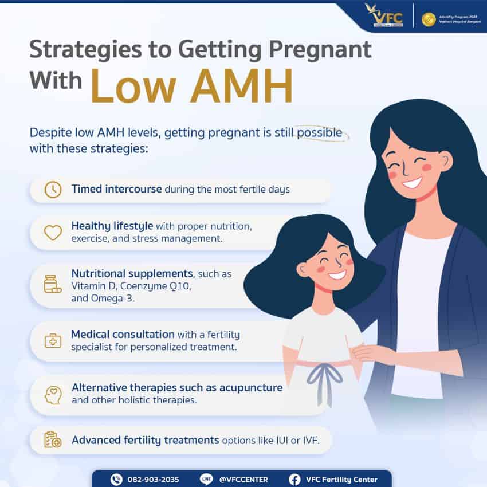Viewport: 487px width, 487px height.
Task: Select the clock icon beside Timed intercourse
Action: click(x=53, y=190)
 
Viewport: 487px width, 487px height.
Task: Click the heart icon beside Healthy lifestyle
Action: click(x=53, y=232)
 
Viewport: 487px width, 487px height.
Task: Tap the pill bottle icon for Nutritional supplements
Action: click(x=52, y=284)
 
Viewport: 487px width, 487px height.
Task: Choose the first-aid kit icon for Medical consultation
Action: click(x=53, y=340)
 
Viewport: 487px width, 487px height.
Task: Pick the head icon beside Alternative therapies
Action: click(x=53, y=394)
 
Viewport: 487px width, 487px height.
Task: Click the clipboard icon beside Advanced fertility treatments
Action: click(x=53, y=440)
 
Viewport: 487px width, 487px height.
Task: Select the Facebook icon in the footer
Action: click(x=294, y=479)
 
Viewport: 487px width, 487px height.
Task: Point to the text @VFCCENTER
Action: click(x=243, y=479)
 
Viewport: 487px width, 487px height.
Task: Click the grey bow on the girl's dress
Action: click(x=324, y=379)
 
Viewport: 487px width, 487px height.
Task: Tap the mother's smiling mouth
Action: click(x=411, y=183)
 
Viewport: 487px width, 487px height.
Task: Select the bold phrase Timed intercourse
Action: click(x=116, y=189)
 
